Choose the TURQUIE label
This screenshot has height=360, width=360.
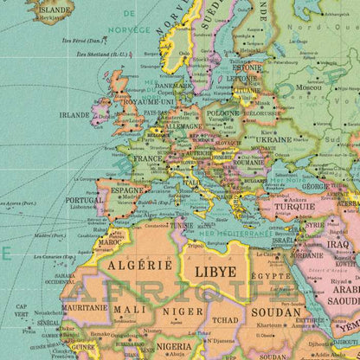(x=295, y=207)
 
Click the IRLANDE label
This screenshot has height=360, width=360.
(x=74, y=113)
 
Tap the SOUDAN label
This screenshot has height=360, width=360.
(x=275, y=312)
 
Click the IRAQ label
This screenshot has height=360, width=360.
(x=337, y=244)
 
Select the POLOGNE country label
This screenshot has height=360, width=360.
(x=222, y=113)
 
